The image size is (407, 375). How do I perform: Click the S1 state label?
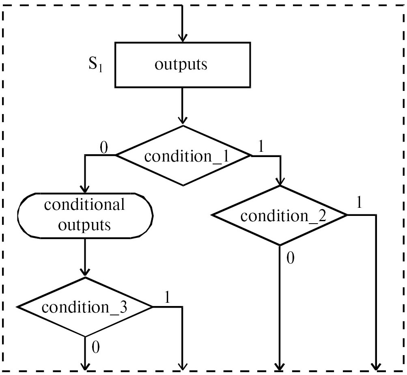95,66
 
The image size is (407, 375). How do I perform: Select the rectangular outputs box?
182,65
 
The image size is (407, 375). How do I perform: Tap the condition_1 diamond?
183,156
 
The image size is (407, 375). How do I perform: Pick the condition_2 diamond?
280,216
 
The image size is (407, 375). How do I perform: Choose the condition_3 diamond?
85,307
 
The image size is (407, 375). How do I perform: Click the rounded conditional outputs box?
85,215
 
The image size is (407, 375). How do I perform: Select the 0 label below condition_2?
290,258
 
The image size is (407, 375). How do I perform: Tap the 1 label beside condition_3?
166,297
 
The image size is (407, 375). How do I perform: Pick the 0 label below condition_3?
96,347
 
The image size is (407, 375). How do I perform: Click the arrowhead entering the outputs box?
183,38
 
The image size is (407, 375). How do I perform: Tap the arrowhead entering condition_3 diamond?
85,272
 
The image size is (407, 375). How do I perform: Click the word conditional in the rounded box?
84,205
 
